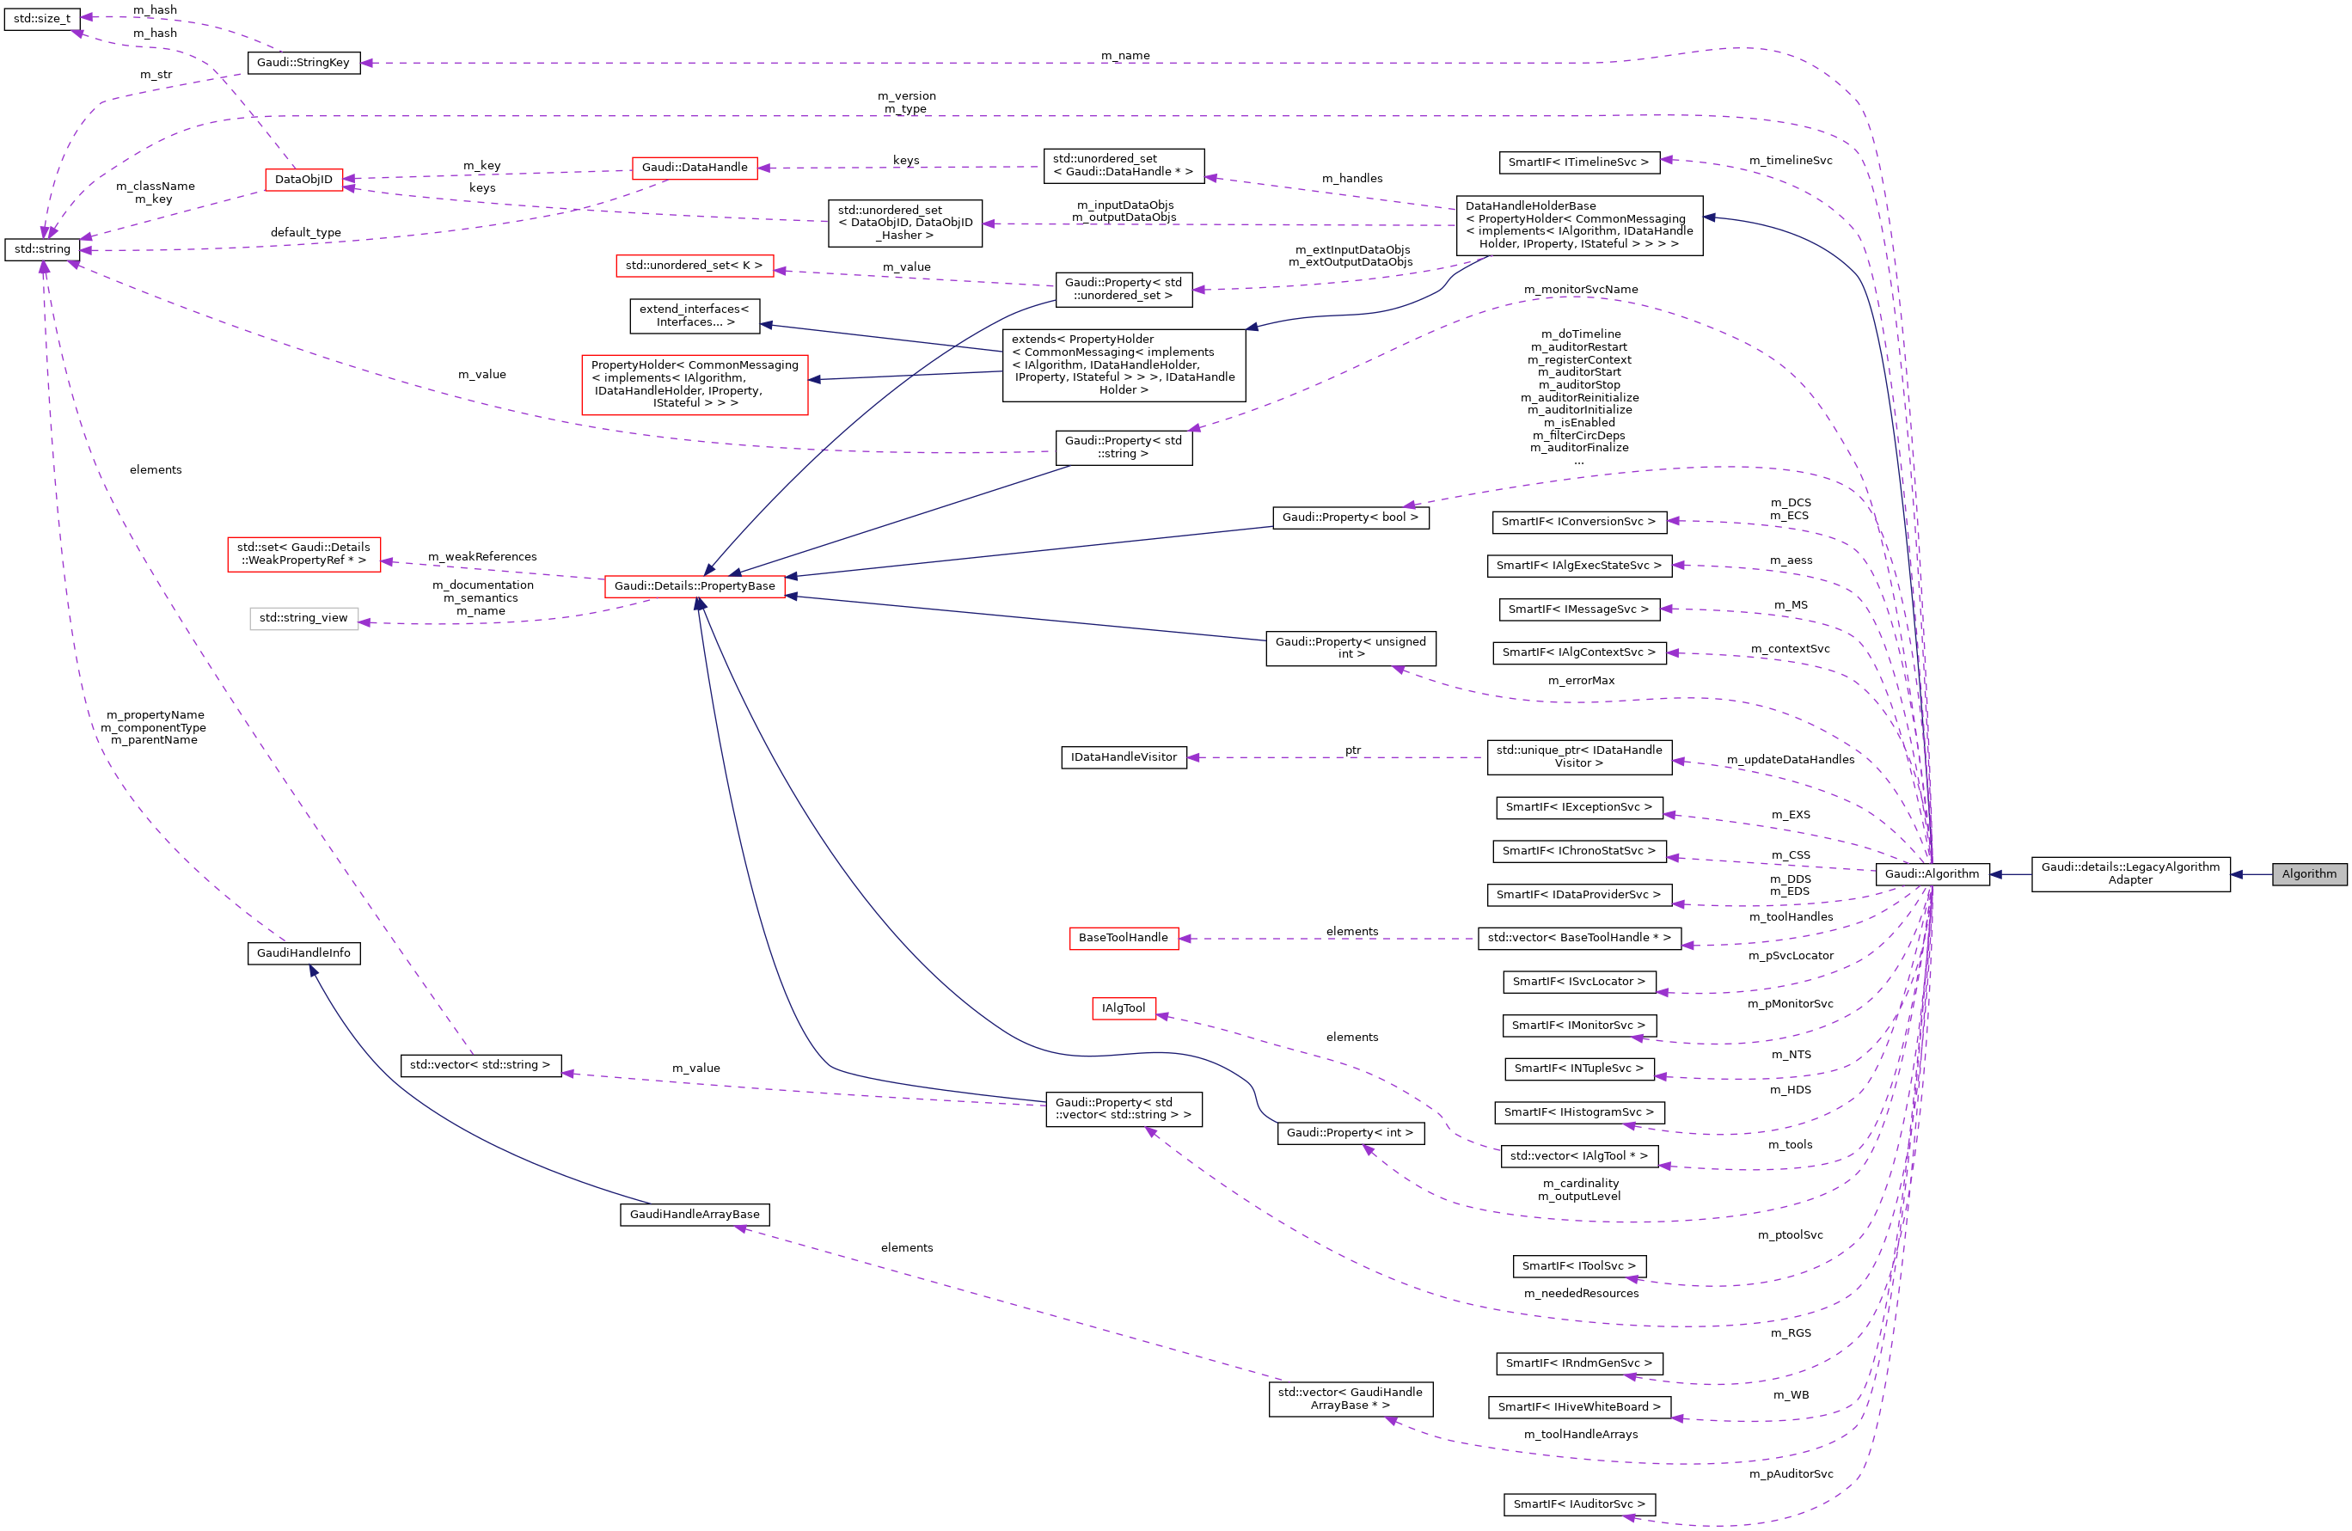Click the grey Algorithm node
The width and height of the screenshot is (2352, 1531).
(2308, 873)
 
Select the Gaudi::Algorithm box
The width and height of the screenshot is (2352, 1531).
(1931, 873)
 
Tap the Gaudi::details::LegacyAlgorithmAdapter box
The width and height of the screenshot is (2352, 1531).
(2129, 873)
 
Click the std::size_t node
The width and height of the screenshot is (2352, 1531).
(41, 19)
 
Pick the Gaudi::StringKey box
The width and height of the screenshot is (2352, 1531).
(303, 62)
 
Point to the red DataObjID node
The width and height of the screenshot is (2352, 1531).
(303, 180)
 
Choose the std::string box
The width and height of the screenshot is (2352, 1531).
(42, 249)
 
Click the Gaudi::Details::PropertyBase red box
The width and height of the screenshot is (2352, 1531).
(695, 586)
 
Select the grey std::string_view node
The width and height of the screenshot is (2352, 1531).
(303, 618)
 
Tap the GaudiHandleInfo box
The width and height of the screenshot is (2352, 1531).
(303, 952)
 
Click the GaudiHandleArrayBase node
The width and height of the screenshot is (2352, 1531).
(695, 1214)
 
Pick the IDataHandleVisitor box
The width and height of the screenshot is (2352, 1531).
(1124, 757)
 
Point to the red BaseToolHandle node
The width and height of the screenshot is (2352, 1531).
(1123, 937)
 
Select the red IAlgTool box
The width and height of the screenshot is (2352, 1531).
(1124, 1008)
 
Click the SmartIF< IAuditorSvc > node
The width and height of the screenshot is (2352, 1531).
(1579, 1503)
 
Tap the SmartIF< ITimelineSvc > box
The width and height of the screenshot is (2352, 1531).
(1578, 162)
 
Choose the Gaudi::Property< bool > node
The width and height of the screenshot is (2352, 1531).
(1350, 517)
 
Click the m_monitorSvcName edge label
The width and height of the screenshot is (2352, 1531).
(1580, 290)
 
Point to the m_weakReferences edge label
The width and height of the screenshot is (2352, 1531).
(482, 556)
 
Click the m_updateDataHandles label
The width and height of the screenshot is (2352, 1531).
(1790, 759)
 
